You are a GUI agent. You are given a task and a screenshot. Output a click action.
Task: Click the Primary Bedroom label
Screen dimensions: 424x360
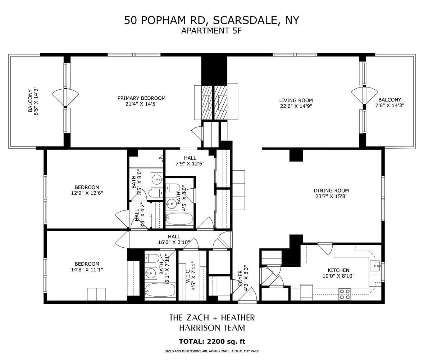click(x=141, y=98)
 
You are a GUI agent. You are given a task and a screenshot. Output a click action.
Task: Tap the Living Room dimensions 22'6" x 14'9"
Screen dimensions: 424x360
click(x=296, y=106)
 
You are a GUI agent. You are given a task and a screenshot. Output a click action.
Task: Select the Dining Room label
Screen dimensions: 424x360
click(x=331, y=190)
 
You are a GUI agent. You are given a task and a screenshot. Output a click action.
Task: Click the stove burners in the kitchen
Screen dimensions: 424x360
click(x=345, y=294)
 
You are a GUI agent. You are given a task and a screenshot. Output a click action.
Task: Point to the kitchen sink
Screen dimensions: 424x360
click(x=375, y=265)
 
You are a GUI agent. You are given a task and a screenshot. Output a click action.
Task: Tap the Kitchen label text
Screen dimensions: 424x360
click(x=338, y=270)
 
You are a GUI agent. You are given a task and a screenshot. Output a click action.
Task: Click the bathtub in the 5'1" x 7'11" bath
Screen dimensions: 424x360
click(x=160, y=290)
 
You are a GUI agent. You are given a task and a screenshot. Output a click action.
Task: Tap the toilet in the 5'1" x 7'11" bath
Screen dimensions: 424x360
click(x=151, y=258)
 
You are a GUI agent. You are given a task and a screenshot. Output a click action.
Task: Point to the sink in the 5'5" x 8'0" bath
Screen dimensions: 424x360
click(x=157, y=179)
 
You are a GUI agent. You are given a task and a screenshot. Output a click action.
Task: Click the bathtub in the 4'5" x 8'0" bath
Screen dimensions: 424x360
click(x=179, y=219)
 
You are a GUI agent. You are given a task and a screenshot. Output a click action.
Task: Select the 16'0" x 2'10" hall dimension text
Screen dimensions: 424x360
click(x=174, y=242)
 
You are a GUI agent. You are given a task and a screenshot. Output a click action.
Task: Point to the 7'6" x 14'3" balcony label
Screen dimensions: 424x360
click(x=389, y=103)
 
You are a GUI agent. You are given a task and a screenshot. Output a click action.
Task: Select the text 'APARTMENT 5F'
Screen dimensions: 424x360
click(x=211, y=31)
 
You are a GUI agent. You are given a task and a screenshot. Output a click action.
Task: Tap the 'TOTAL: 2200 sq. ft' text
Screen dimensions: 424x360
click(x=212, y=341)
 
